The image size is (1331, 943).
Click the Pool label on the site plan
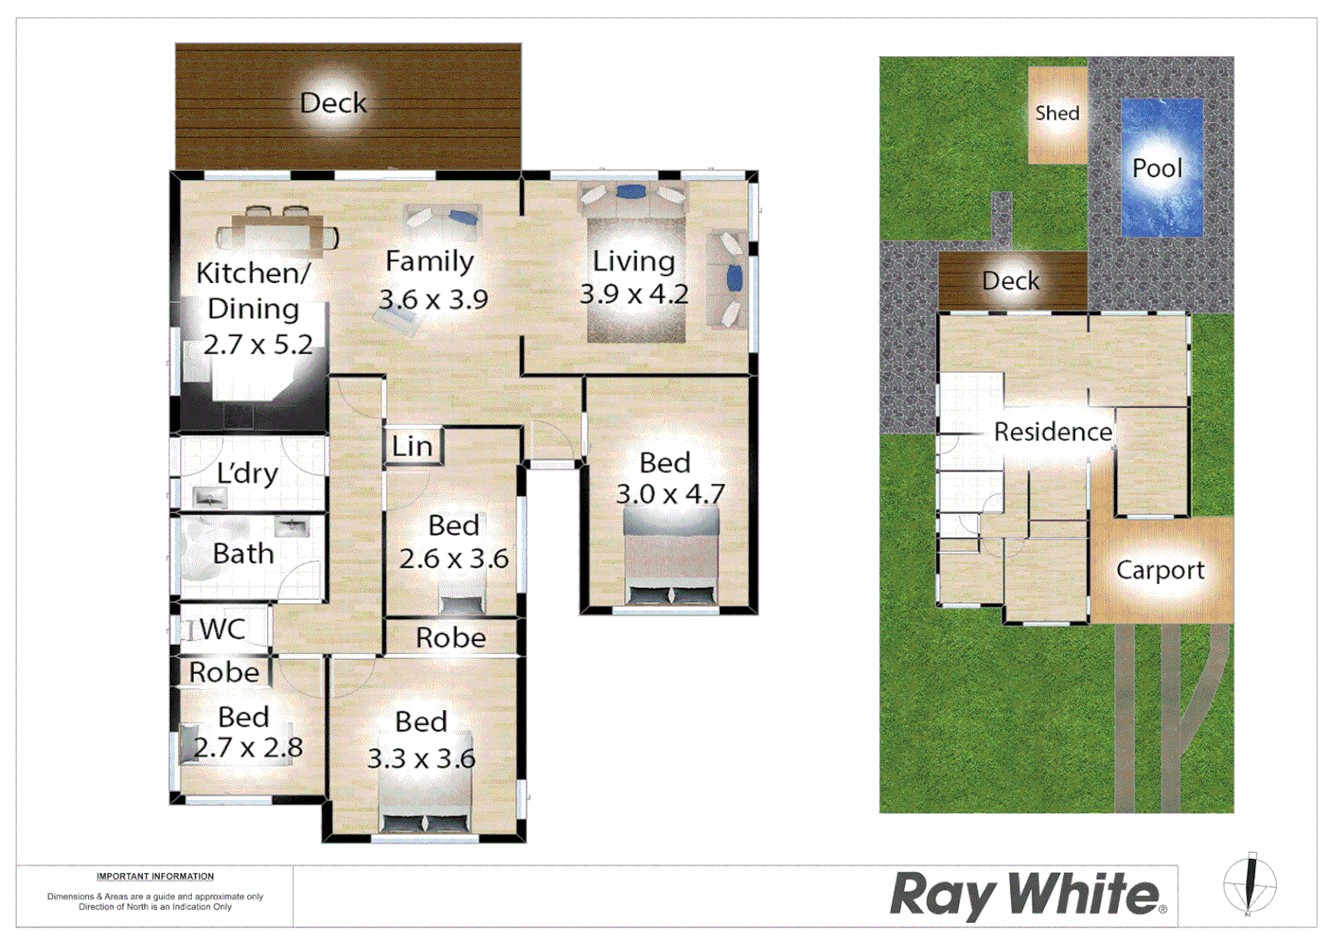pyautogui.click(x=1156, y=168)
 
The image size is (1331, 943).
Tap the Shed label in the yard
pyautogui.click(x=1057, y=114)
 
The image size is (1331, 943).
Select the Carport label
pyautogui.click(x=1160, y=570)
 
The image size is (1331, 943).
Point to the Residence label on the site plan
pyautogui.click(x=1053, y=431)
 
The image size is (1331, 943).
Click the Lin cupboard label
pyautogui.click(x=412, y=446)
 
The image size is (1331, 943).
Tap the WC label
pyautogui.click(x=222, y=629)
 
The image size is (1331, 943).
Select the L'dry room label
pyautogui.click(x=247, y=473)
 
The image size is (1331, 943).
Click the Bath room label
pyautogui.click(x=244, y=554)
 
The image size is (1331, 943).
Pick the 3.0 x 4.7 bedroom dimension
pyautogui.click(x=670, y=494)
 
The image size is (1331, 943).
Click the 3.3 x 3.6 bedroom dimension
pyautogui.click(x=421, y=758)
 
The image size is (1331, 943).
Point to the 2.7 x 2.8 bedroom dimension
pyautogui.click(x=248, y=747)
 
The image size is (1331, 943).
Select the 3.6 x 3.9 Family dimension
pyautogui.click(x=433, y=299)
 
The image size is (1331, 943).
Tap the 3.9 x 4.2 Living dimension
pyautogui.click(x=634, y=294)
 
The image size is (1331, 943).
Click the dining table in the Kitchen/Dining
pyautogui.click(x=278, y=233)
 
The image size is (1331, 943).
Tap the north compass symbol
pyautogui.click(x=1249, y=884)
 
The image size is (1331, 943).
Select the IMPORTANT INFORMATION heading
pyautogui.click(x=155, y=877)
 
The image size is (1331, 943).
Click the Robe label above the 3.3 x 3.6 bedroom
pyautogui.click(x=450, y=638)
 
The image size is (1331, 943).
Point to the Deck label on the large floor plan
pyautogui.click(x=333, y=103)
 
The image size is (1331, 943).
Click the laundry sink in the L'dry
pyautogui.click(x=209, y=499)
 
